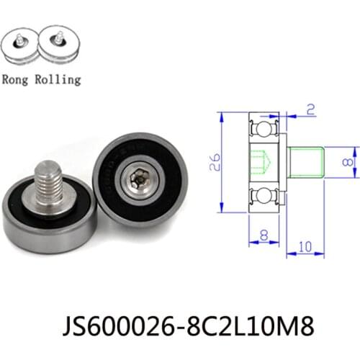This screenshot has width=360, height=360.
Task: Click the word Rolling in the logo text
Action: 57,79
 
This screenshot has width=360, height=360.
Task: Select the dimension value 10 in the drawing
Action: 305,246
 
